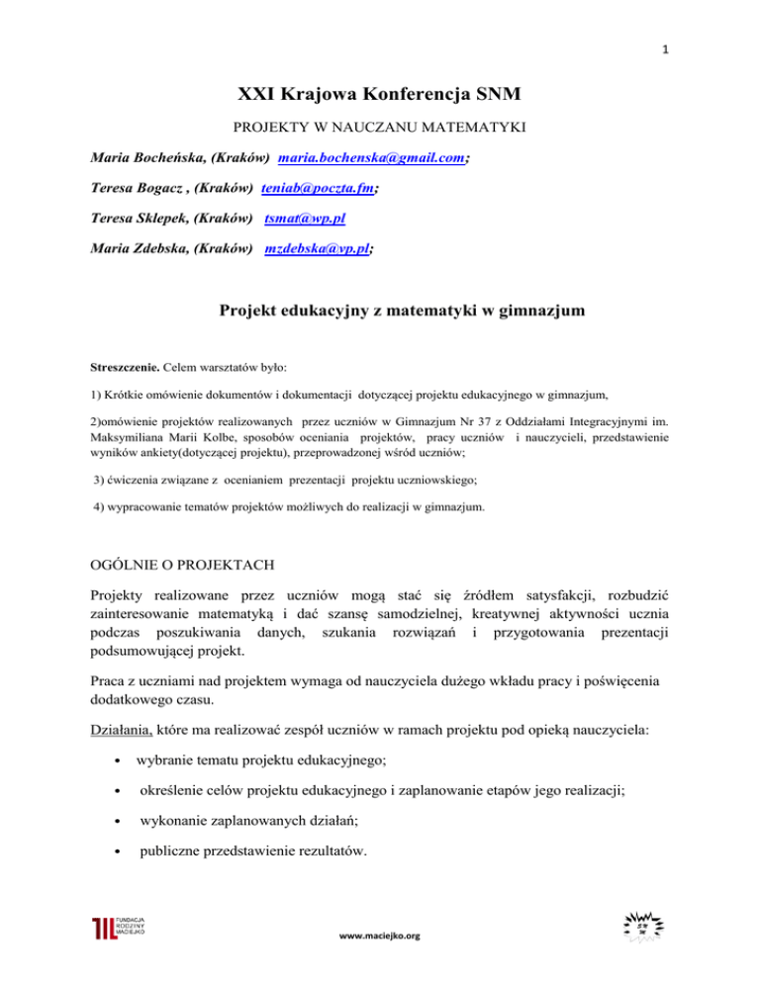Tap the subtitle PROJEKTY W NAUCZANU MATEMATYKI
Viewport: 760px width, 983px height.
[380, 129]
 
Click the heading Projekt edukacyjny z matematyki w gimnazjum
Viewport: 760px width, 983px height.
[380, 313]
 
